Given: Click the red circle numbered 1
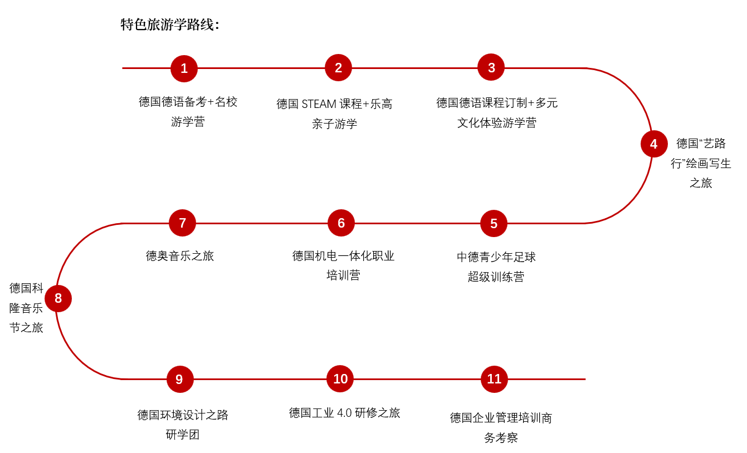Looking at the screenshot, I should click(x=184, y=68).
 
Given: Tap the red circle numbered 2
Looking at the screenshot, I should click(x=338, y=68).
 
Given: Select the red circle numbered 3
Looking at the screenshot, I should click(x=491, y=67).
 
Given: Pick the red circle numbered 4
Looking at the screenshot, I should click(x=654, y=144).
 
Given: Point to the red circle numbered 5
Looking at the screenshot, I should click(x=494, y=224).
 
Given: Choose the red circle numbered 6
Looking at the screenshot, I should click(x=341, y=223).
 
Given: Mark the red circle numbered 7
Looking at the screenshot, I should click(x=183, y=223).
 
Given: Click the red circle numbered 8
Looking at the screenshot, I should click(x=58, y=299).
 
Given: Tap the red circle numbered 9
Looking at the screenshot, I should click(x=179, y=380).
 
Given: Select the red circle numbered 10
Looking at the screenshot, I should click(x=340, y=379).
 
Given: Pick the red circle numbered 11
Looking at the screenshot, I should click(x=495, y=379).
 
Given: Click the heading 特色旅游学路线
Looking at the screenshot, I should click(x=170, y=25).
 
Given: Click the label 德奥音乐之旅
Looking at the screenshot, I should click(x=180, y=256).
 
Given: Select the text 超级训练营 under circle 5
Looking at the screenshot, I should click(x=496, y=277).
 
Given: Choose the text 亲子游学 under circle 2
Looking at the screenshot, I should click(x=335, y=124).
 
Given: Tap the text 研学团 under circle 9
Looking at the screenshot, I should click(x=183, y=435).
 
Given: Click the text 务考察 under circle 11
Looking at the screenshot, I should click(x=501, y=438).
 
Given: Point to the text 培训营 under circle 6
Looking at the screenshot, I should click(x=343, y=275).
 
